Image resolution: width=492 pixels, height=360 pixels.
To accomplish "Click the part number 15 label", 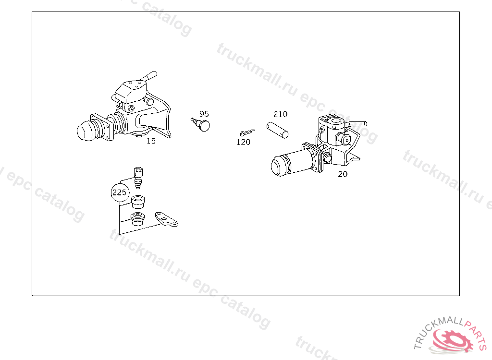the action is [x=151, y=141].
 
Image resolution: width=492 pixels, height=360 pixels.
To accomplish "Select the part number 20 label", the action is [x=343, y=174].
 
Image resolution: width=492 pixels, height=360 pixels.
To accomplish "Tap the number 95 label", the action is [x=204, y=114].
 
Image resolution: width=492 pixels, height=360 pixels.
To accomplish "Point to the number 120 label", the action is [x=244, y=142].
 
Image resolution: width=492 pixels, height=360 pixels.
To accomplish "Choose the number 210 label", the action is [x=280, y=114].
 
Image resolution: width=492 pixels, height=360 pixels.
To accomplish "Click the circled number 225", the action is [x=119, y=192].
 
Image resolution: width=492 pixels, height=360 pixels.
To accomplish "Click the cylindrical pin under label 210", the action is [x=277, y=130].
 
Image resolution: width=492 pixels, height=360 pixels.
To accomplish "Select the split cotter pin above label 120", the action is [x=247, y=132].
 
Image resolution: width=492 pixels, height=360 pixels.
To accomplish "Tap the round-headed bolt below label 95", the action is [x=201, y=124].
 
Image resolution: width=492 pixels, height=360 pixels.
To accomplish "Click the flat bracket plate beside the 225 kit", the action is [x=166, y=219].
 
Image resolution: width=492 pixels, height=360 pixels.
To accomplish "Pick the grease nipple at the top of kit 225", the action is [x=138, y=178].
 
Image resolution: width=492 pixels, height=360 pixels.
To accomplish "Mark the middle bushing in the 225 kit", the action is [x=138, y=202].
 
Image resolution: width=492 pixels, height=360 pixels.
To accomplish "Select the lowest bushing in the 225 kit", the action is [x=137, y=218].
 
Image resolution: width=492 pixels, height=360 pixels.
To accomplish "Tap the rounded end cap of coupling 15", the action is [x=86, y=131].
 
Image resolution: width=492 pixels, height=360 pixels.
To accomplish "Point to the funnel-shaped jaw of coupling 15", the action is [x=157, y=119].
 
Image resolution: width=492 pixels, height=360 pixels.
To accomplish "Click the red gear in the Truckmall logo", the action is [x=452, y=340].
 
